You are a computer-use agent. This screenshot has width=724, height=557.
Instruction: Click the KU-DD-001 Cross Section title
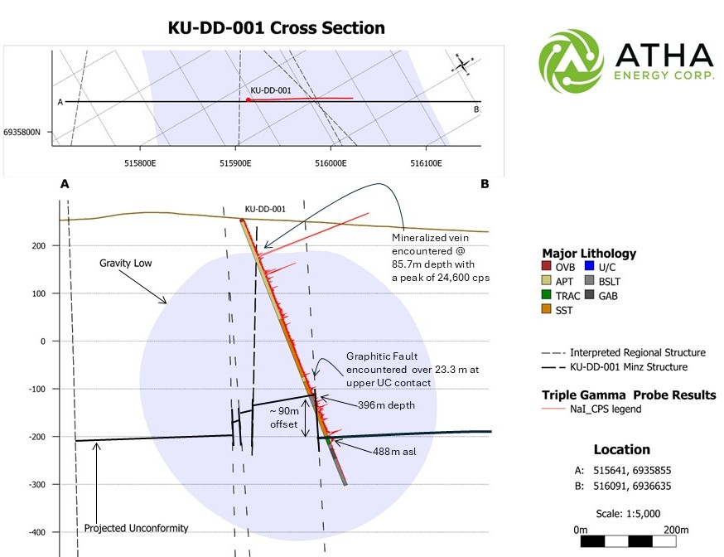point(276,27)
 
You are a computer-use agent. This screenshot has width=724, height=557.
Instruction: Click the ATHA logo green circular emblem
point(571,61)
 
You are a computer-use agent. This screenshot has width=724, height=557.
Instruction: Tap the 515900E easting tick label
point(235,163)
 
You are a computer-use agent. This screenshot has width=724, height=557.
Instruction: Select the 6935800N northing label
point(22,132)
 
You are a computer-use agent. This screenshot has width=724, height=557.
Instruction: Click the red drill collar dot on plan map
point(248,99)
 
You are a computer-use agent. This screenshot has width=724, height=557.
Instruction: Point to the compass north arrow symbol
point(462,64)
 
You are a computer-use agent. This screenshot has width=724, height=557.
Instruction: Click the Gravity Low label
point(126,264)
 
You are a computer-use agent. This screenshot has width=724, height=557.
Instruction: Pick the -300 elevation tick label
point(37,485)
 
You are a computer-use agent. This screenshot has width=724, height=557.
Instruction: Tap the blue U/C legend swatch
point(589,266)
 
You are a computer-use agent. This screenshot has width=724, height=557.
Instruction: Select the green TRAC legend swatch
point(546,295)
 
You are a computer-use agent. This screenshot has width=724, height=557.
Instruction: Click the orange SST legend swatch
point(546,309)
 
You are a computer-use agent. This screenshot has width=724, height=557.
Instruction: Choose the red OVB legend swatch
point(546,266)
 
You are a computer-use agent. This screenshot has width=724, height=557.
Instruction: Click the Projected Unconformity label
point(136,528)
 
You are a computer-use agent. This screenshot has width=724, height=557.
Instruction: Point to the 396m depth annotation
point(387,405)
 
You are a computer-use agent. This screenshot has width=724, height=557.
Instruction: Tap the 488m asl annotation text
point(394,451)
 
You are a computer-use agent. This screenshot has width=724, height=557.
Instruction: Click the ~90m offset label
point(284,418)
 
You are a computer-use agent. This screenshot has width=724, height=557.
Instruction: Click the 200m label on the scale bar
point(676,530)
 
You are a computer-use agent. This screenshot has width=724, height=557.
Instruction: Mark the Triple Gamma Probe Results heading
point(629,395)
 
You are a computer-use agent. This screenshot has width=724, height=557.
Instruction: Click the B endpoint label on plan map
point(476,109)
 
